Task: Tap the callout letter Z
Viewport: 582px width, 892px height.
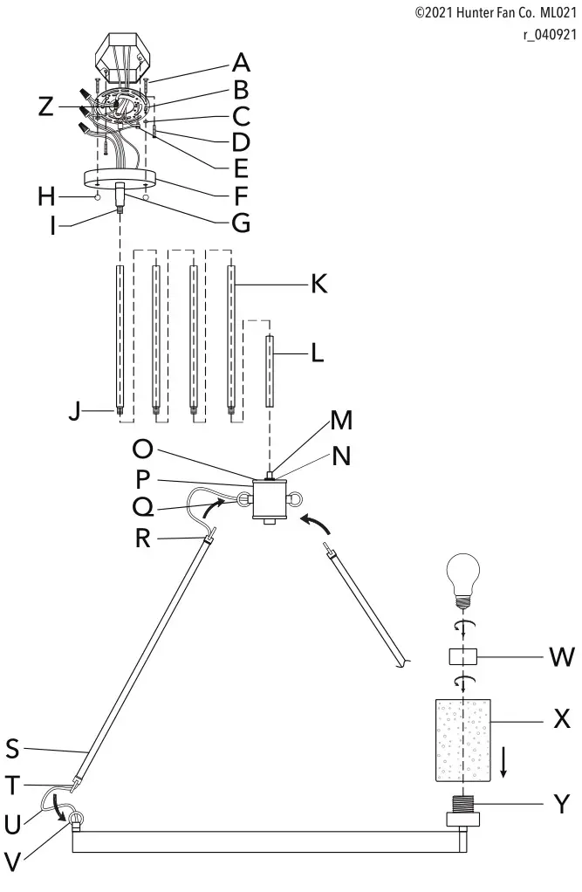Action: [x=46, y=107]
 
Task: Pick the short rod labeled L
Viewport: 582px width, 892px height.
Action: [x=270, y=371]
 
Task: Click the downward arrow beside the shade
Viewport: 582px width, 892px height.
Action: [x=503, y=765]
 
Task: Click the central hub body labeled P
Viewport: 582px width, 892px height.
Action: [x=270, y=500]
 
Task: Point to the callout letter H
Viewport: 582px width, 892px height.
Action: [x=46, y=197]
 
